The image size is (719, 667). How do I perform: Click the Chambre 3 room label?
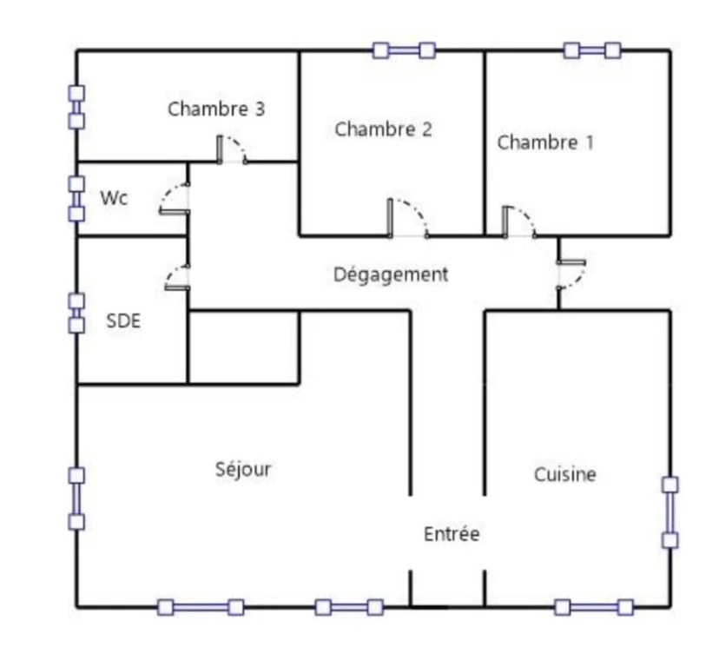point(216,109)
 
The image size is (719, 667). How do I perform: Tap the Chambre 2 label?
point(383,129)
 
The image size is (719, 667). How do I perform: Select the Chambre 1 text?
point(545,142)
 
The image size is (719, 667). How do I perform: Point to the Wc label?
point(114,198)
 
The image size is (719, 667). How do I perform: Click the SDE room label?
point(123,321)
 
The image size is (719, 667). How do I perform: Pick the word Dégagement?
point(391,274)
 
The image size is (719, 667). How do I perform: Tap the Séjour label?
point(243,469)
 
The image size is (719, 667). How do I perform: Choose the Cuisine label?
point(565,474)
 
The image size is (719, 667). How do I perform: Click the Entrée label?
point(452,534)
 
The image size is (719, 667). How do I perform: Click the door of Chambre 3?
point(233,149)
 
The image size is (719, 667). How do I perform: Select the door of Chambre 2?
point(408,218)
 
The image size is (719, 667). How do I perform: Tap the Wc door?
point(175,198)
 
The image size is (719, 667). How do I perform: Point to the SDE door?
point(177,278)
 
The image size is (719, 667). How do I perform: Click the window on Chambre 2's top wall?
point(404,50)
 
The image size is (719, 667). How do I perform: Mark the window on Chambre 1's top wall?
point(592,50)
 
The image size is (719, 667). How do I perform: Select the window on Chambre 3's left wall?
point(76,108)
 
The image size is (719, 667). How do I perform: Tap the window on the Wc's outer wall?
point(76,199)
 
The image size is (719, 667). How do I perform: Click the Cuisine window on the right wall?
point(670,512)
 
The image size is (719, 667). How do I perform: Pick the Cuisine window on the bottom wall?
point(594,607)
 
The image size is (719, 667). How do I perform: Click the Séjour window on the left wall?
point(76,499)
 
